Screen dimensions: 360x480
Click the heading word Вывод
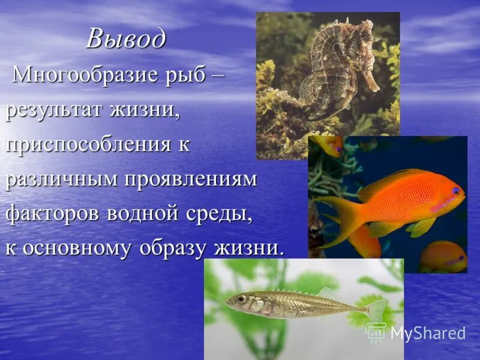click(x=125, y=40)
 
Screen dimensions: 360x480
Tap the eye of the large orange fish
click(x=456, y=191)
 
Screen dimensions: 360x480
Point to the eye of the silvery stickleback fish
click(x=241, y=298)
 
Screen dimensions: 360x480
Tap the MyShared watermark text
click(x=428, y=334)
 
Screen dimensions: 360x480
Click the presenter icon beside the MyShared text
click(x=376, y=332)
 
